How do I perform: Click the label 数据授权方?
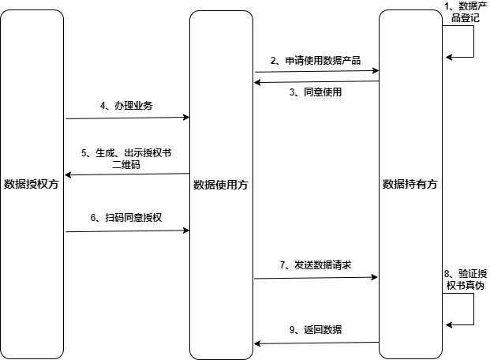[32, 185]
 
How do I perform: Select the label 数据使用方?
[220, 185]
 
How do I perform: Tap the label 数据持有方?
[410, 184]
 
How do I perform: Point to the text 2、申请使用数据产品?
[316, 60]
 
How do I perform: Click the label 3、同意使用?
[316, 92]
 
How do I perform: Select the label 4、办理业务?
[126, 106]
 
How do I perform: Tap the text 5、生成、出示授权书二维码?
[126, 159]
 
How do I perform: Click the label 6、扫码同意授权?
[126, 218]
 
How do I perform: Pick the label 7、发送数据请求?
[315, 265]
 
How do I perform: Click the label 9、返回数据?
[316, 330]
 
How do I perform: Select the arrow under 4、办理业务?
[127, 118]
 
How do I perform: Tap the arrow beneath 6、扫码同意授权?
[127, 231]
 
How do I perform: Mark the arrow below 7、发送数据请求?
[316, 278]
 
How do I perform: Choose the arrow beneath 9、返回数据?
[316, 343]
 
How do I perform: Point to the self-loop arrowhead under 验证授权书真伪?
[449, 324]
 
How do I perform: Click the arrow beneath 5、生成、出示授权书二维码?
[127, 174]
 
